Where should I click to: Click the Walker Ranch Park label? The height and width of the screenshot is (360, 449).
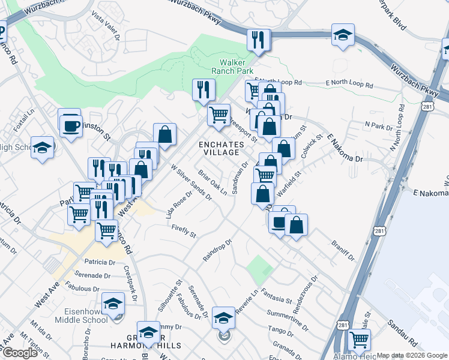tap(236, 66)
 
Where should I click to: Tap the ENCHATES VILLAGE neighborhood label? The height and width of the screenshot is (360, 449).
tap(222, 148)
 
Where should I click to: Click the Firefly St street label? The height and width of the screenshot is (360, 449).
tap(184, 231)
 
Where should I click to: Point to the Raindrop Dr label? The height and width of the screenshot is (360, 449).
tap(217, 250)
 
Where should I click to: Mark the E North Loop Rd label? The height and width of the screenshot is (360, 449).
tap(349, 86)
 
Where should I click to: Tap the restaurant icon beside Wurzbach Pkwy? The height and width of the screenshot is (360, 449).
tap(259, 40)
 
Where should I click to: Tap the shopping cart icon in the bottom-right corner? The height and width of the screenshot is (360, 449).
tap(359, 340)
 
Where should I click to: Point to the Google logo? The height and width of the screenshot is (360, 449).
tap(19, 353)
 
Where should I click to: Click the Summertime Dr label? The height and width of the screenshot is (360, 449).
tap(288, 314)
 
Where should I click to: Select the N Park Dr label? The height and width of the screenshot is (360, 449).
tap(378, 126)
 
